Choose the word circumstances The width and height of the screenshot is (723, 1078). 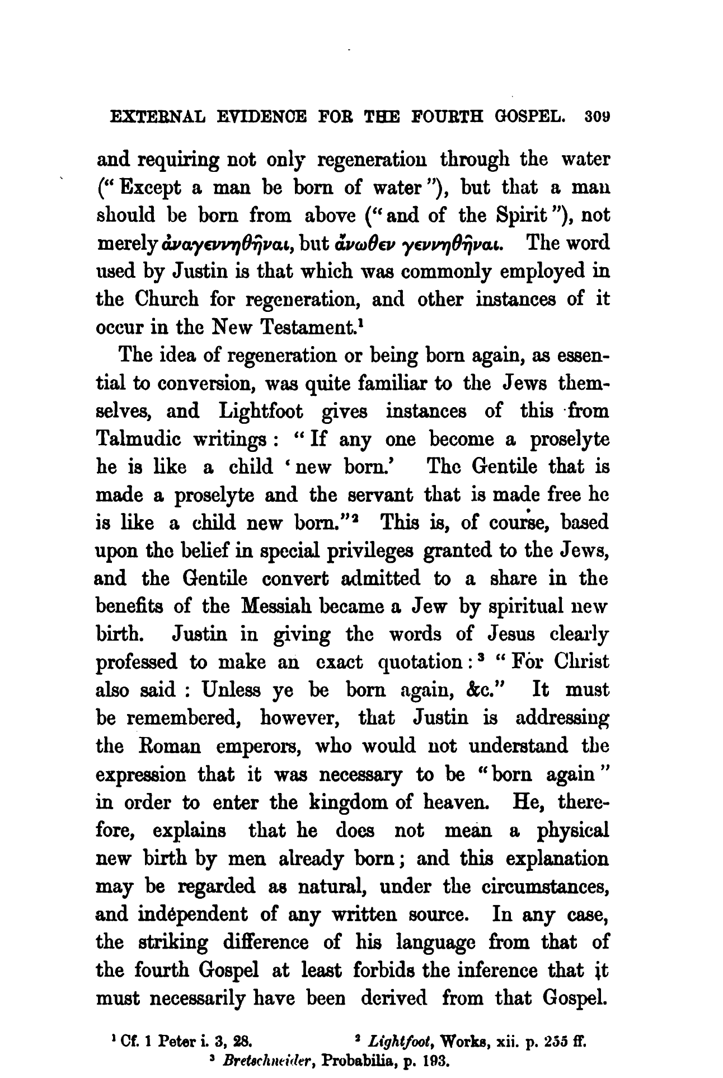546,886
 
